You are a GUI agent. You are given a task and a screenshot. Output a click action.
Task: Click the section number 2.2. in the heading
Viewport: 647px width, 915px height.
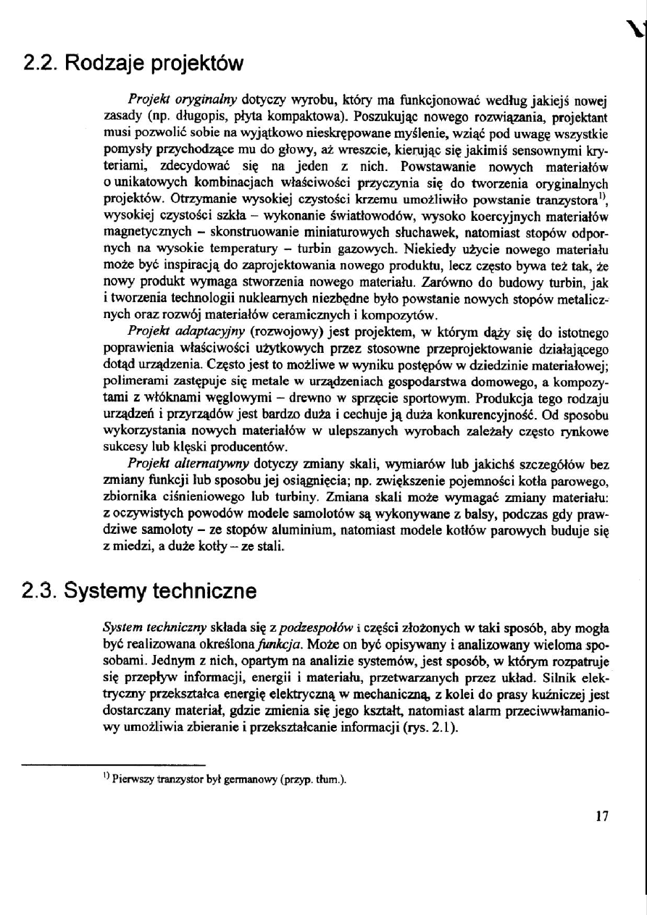click(x=39, y=64)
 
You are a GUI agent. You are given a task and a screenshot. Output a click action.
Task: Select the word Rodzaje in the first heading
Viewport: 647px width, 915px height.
click(x=96, y=64)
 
